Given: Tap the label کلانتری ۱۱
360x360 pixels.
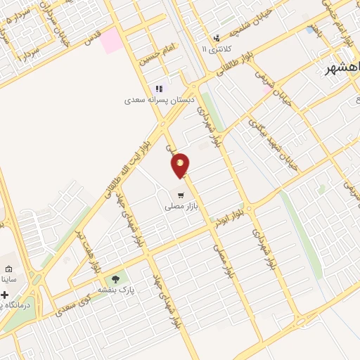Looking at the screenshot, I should tap(216, 50).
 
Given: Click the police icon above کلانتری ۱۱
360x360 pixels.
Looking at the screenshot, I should tap(217, 38).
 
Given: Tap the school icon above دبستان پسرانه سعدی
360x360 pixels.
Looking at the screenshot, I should tap(159, 89).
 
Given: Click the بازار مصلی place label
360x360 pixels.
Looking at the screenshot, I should tap(181, 207).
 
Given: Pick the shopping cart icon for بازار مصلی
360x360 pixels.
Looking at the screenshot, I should tap(181, 195).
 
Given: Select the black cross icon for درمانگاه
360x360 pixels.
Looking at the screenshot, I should tap(4, 295).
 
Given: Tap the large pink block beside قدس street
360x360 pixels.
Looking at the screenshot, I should tap(111, 41).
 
